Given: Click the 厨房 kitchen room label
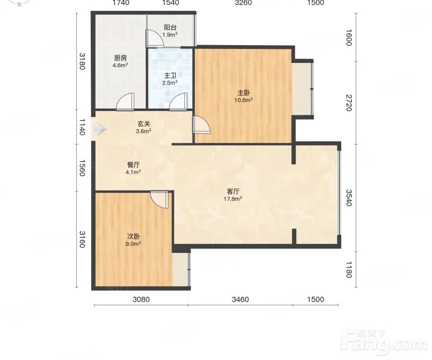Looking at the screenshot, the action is coord(120,58).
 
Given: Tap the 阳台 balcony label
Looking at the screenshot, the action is coord(170,27).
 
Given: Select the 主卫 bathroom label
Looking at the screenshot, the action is coord(170,75).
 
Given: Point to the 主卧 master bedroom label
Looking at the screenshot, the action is coord(244,93).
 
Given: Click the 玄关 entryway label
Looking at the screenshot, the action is coord(144,124).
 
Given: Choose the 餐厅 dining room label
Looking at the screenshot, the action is coord(133,165).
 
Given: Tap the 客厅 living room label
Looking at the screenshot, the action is coord(233,192).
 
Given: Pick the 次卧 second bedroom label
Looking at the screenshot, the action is coord(133,237).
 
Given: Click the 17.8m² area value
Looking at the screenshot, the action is coord(233,199).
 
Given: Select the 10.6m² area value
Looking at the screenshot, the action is coord(243,100).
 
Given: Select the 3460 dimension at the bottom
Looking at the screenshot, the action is coord(240,300).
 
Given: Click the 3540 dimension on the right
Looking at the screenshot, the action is coord(349,198).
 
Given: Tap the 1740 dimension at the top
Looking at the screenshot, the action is coord(120,3).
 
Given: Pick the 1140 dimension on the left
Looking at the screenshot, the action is coord(82,127).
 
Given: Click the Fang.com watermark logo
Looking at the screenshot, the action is coord(384,342).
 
